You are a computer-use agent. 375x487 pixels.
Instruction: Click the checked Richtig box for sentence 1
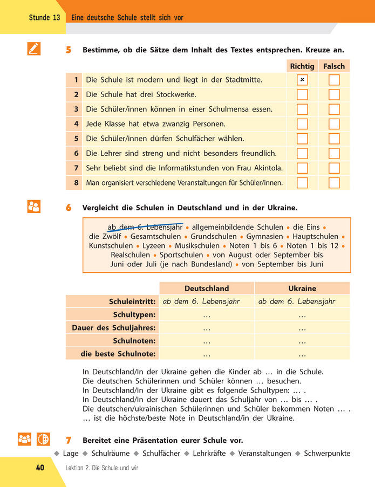[x=302, y=80]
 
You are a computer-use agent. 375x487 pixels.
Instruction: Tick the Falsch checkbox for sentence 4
[x=335, y=124]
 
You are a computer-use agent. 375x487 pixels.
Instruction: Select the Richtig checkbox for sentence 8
[x=302, y=183]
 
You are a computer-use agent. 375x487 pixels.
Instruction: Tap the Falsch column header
[x=334, y=66]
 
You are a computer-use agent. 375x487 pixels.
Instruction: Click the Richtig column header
[x=302, y=66]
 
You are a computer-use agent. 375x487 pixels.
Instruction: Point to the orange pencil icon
[x=33, y=49]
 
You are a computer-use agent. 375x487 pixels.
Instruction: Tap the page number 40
[x=40, y=468]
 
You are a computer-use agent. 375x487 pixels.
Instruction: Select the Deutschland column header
[x=207, y=289]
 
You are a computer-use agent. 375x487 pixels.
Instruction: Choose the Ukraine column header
[x=302, y=289]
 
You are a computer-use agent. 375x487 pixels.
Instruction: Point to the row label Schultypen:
[x=134, y=314]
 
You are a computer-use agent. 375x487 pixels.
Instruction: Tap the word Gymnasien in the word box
[x=264, y=236]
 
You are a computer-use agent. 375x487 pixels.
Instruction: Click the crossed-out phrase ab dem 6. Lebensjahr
[x=145, y=227]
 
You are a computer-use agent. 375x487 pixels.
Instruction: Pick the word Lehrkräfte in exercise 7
[x=209, y=453]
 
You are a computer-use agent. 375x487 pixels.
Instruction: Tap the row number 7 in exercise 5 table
[x=76, y=168]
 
